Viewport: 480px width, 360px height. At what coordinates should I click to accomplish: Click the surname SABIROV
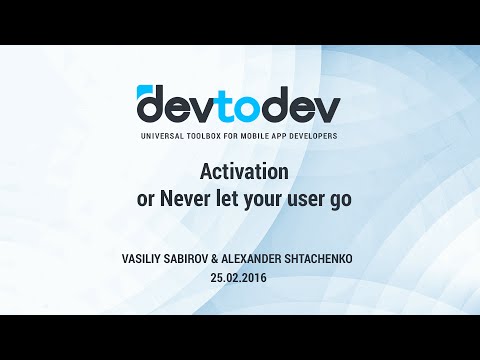click(x=195, y=259)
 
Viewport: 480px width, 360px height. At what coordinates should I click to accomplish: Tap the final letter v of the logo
click(x=325, y=106)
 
